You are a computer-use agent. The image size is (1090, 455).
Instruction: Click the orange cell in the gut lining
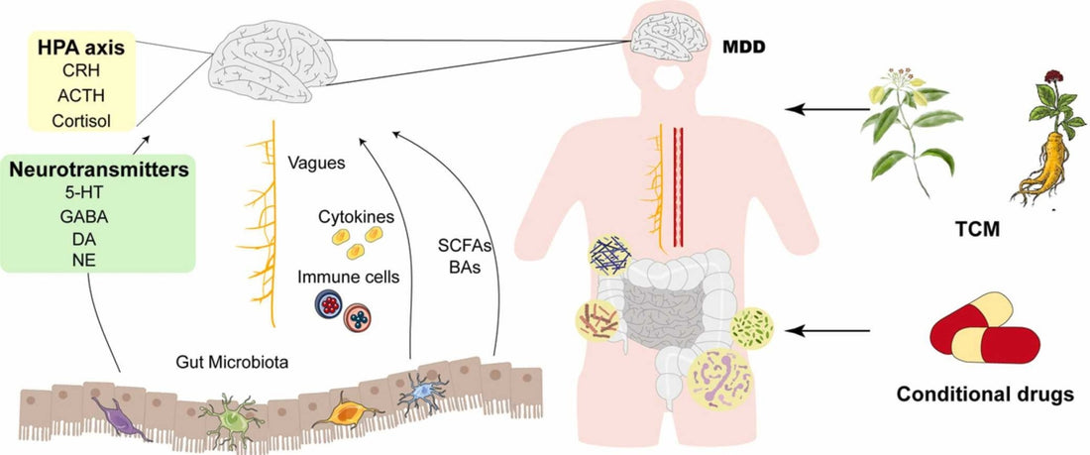pyautogui.click(x=343, y=408)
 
